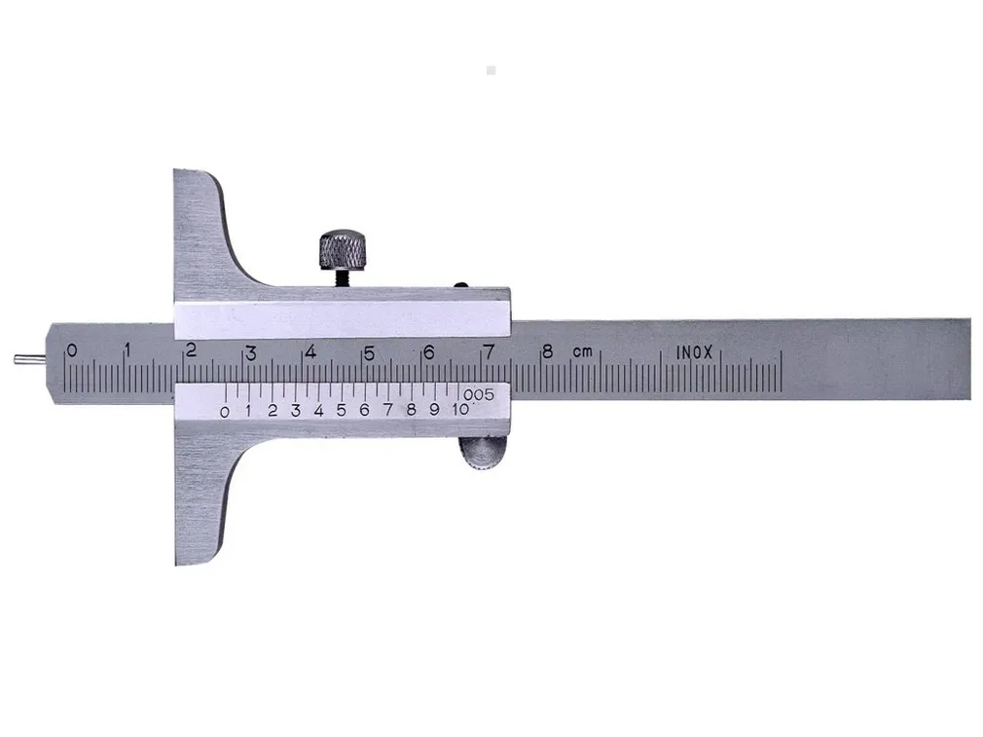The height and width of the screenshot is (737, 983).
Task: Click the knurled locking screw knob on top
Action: [x=343, y=249]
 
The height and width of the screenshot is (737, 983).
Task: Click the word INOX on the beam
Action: [x=695, y=353]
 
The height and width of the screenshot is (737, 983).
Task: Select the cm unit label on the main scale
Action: [x=582, y=351]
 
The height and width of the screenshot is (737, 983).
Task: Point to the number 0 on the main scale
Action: [x=72, y=350]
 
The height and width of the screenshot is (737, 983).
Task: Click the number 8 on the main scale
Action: [x=548, y=351]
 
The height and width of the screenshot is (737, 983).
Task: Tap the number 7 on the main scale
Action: [x=489, y=351]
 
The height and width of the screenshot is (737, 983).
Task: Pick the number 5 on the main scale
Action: [x=369, y=353]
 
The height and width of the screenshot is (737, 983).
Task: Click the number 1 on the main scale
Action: [x=127, y=350]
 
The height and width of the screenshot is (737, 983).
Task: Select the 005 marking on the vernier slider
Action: [x=479, y=395]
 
